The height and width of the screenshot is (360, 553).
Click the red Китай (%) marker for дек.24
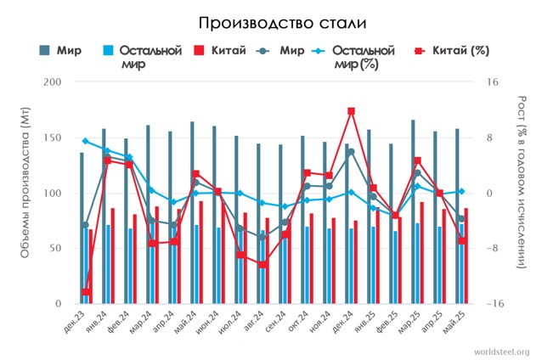tap(351, 111)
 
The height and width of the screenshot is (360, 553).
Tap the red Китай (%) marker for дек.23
tap(86, 292)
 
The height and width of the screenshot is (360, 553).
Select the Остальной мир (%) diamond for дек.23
tap(85, 141)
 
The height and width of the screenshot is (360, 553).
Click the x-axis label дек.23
tap(75, 323)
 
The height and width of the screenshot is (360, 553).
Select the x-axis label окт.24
tap(298, 323)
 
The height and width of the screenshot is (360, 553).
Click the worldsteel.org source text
tap(502, 352)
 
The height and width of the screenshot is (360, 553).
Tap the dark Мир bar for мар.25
tap(413, 211)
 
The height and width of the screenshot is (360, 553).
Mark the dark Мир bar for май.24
tap(192, 212)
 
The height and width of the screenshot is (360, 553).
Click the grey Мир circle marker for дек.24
tap(351, 152)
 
